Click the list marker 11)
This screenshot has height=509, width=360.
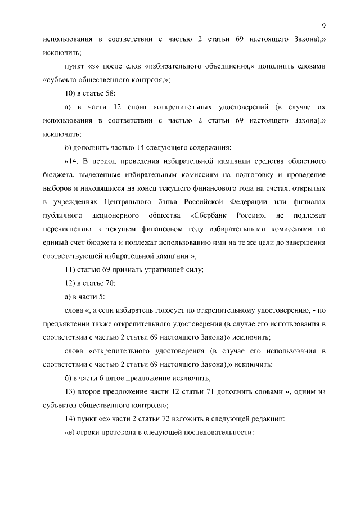pos(71,269)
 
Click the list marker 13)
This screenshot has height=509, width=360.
pos(71,391)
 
